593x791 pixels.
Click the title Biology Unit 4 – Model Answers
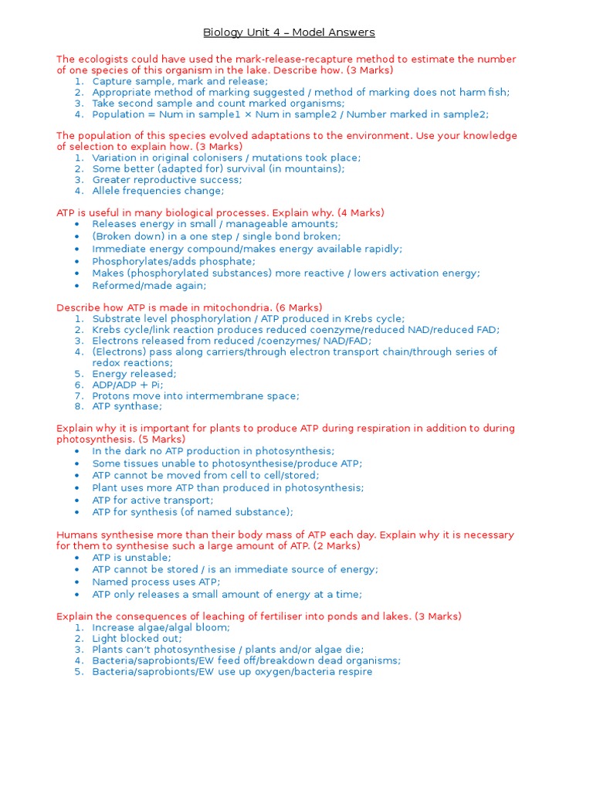point(289,32)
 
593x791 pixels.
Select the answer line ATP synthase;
point(127,406)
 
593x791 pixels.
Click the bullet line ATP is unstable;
point(131,558)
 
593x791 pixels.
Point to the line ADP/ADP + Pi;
point(127,385)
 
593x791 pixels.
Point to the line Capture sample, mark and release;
point(180,81)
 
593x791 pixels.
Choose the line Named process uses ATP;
point(156,582)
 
